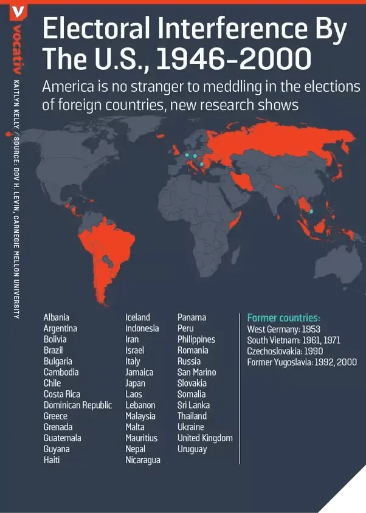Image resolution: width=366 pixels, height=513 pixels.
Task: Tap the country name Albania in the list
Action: click(56, 317)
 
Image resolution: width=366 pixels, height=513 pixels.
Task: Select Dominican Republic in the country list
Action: click(77, 405)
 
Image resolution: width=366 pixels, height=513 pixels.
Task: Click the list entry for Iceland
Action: click(137, 317)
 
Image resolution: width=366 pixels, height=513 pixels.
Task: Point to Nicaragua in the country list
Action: click(143, 460)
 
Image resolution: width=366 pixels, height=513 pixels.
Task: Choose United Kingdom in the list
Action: click(205, 438)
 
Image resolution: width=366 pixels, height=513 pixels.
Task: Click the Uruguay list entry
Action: click(192, 449)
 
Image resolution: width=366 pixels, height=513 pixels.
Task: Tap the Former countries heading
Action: click(283, 318)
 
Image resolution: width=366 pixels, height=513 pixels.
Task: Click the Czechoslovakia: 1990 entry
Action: click(285, 351)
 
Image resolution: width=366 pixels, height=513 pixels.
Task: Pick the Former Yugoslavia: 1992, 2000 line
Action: click(302, 362)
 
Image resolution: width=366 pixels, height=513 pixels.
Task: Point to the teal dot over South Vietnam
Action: click(311, 212)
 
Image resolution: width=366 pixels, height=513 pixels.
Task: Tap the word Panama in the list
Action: click(192, 317)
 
